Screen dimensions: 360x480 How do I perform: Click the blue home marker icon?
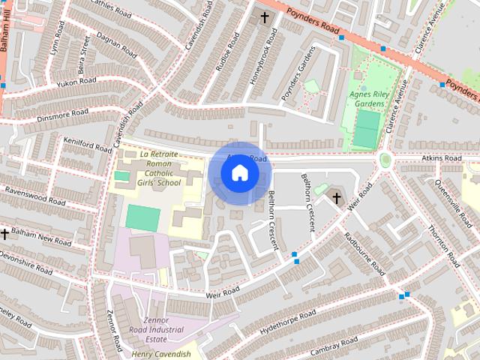239,173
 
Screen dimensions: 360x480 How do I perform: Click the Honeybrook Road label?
263,66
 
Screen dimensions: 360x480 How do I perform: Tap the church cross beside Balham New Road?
4,234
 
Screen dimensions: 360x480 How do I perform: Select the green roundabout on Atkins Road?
386,160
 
